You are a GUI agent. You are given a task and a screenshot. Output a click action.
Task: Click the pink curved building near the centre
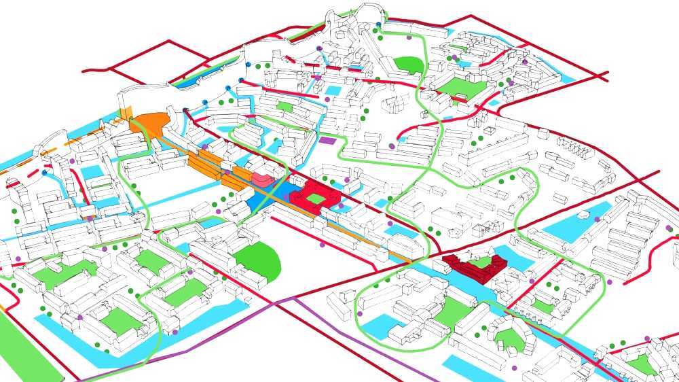[x=262, y=179]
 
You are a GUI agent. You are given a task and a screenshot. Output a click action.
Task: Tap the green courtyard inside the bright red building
[x=316, y=198]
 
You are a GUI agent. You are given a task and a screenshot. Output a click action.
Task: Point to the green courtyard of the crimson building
[x=482, y=262]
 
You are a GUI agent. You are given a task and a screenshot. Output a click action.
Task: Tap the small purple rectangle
[x=328, y=141]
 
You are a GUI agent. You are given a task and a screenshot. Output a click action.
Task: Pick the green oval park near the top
[x=409, y=64]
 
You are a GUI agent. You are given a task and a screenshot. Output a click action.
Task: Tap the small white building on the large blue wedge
[x=584, y=215]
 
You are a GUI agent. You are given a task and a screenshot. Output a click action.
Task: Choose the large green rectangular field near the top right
[x=464, y=88]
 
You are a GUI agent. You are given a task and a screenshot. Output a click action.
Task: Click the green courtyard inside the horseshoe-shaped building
[x=452, y=313]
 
